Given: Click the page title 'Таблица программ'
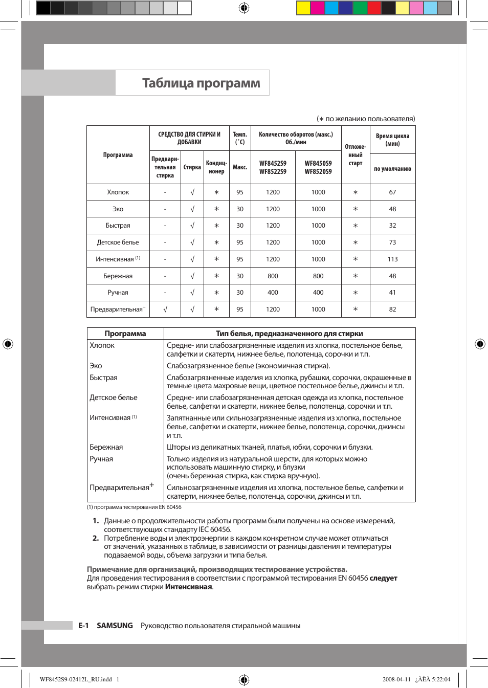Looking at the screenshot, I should coord(201,83).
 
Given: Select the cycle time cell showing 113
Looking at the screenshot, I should coord(392,259).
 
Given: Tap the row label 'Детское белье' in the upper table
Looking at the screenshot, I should coord(118,242).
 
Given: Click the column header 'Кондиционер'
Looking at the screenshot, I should coord(216,167).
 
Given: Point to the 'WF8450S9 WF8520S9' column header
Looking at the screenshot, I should coord(318,167).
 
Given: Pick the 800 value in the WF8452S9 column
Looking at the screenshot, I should coord(273,276).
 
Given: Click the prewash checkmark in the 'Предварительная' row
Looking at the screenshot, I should coord(165,309).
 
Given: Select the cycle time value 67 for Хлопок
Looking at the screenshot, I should coord(392,192).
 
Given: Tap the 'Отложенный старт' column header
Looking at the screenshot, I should coord(356,155).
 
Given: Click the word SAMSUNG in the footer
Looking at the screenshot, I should coord(115,626).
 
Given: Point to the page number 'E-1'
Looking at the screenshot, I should coord(83,626).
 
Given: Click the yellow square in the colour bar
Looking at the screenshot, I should coord(303,8).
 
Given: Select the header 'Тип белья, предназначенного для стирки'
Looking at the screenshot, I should coord(290,334).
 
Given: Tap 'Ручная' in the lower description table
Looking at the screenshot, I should coord(101,459).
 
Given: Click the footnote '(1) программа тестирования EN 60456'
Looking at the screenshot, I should coord(134,507).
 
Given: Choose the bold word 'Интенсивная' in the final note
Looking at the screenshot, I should coord(188,587).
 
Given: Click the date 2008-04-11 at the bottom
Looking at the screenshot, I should coord(396,679).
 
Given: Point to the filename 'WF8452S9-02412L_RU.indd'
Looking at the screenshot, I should coord(76,679).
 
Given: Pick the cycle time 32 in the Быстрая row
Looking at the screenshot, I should coord(392,226).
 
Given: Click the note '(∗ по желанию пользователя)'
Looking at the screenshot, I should coord(366,119).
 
